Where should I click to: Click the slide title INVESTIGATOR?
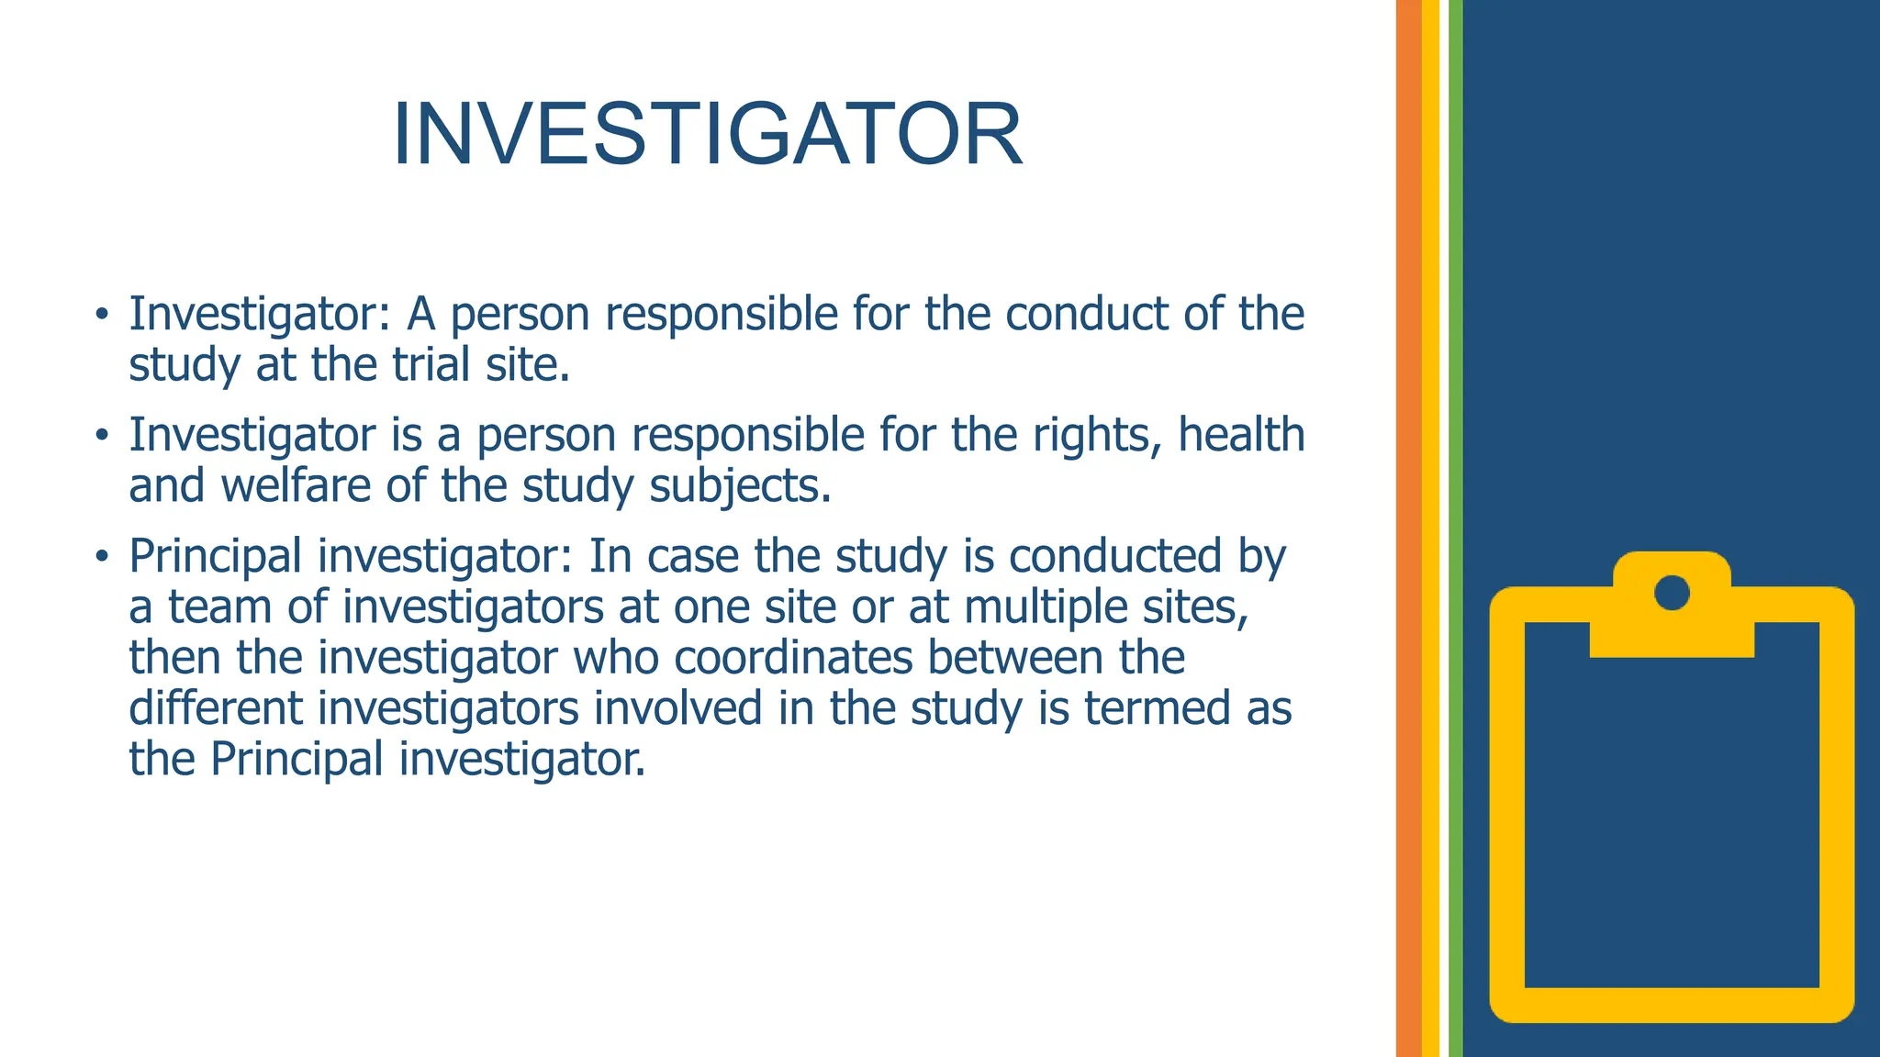tap(707, 135)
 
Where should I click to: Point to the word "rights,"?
tap(1098, 435)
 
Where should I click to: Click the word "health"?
tap(1241, 435)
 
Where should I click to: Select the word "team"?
tap(220, 607)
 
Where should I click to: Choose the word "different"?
tap(216, 708)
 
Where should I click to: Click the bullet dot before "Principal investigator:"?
tap(102, 556)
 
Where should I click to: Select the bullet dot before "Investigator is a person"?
tap(102, 435)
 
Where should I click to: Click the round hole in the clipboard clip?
tap(1672, 593)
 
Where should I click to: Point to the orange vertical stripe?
tap(1408, 528)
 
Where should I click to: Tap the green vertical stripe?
tap(1455, 528)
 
